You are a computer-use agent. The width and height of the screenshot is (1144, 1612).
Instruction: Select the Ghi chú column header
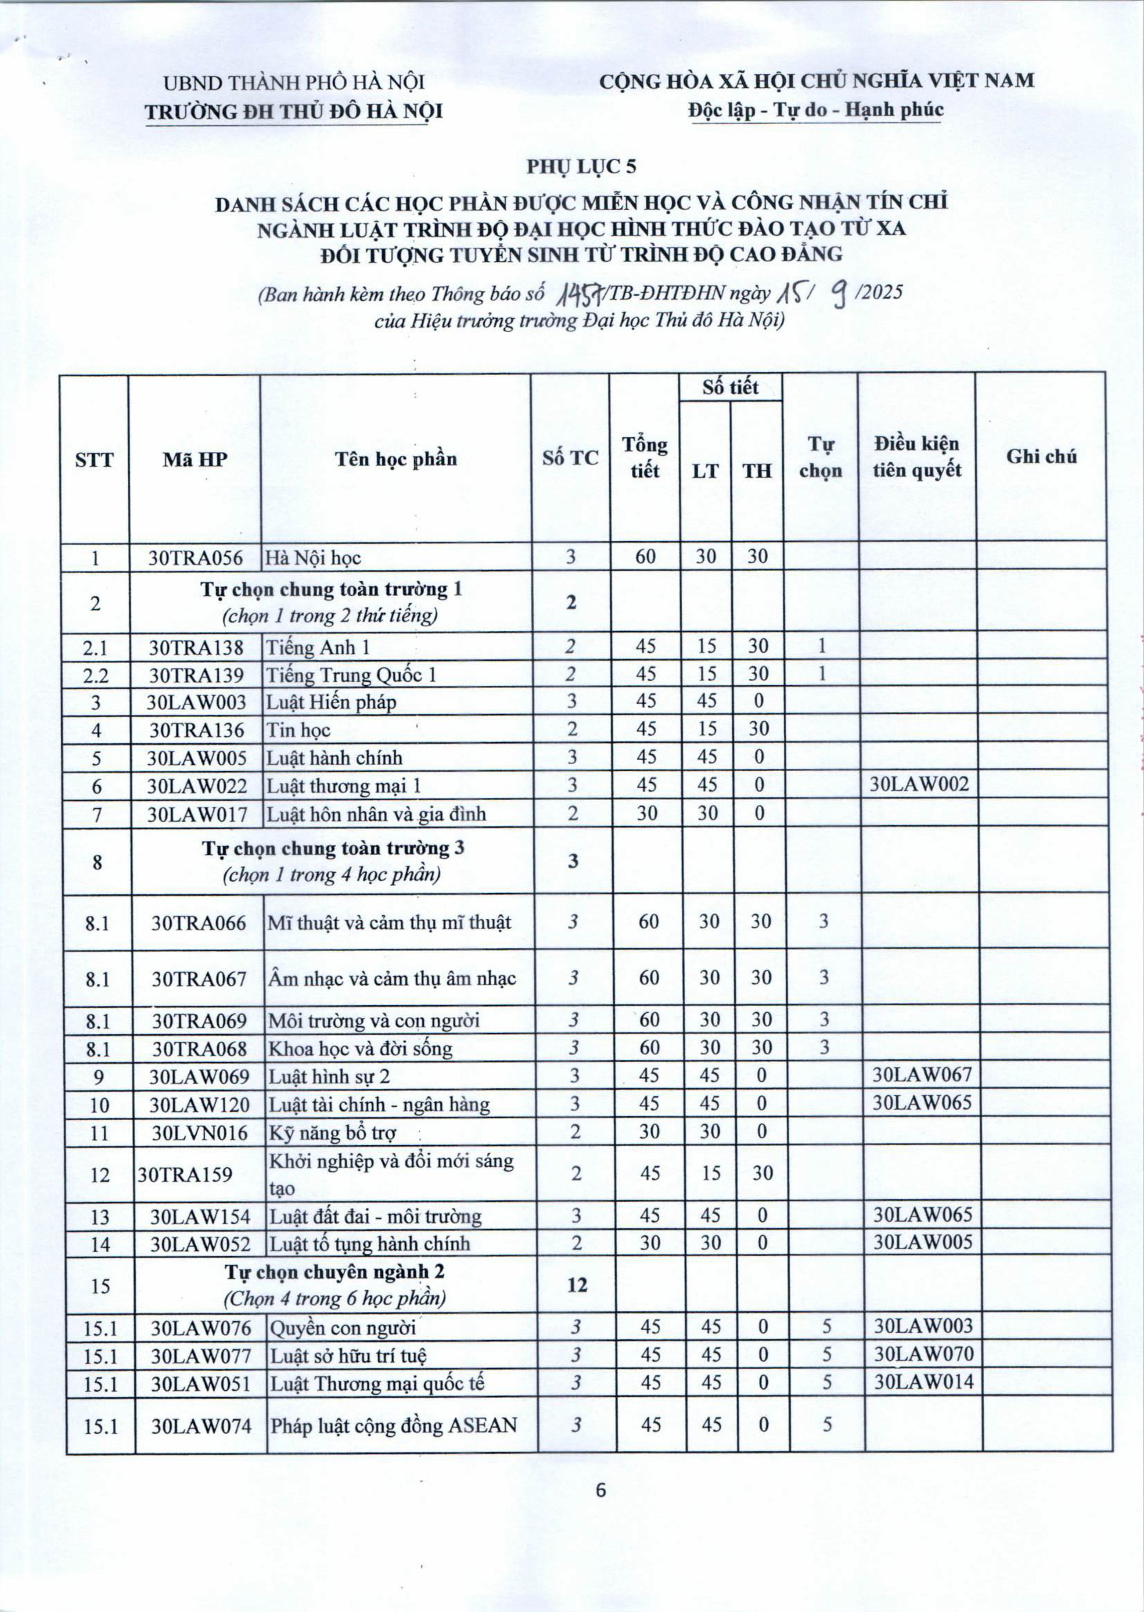click(1041, 457)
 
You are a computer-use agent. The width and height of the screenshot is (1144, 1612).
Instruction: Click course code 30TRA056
click(195, 558)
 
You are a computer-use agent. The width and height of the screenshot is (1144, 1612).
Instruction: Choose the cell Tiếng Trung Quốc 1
click(351, 675)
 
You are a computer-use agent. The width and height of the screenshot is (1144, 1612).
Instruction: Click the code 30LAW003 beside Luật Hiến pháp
click(197, 702)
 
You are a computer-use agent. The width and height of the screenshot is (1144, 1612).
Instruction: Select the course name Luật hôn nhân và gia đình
click(376, 814)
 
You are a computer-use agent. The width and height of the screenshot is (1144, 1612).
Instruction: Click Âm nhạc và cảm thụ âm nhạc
click(391, 978)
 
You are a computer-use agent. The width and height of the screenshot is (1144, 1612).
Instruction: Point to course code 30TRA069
click(199, 1020)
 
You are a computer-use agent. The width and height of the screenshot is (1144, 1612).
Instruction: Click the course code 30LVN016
click(200, 1132)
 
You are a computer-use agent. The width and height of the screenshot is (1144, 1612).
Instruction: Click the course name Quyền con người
click(343, 1328)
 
